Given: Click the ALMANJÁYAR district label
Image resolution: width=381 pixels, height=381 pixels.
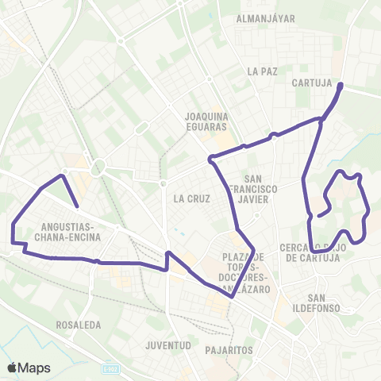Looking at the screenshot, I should pos(266,17).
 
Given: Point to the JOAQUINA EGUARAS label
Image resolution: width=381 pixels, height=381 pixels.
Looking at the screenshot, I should pos(206,121).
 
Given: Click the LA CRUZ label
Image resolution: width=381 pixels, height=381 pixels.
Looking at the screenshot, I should pos(190,198).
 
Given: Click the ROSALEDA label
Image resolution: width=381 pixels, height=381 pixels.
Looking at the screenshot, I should pos(79,325).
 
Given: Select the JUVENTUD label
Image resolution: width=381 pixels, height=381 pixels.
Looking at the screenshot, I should pos(169,345).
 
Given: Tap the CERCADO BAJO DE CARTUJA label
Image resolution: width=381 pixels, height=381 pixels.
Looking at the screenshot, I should pos(314,252).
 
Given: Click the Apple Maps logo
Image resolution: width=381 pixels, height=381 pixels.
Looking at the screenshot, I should pos(29,368).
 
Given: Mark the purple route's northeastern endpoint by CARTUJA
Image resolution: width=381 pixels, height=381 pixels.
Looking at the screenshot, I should pos(341,84).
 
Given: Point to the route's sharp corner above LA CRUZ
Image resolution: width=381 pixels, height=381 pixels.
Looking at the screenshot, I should pos(210,160).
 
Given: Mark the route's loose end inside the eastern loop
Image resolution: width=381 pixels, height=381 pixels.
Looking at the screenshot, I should pos(318,214).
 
